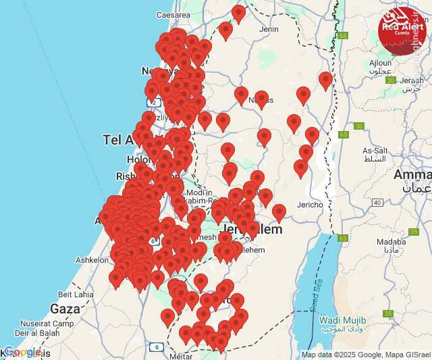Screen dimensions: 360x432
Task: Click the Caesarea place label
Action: click(x=173, y=14)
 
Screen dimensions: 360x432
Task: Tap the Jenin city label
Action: click(x=268, y=29)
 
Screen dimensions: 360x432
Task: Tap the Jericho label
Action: click(x=310, y=204)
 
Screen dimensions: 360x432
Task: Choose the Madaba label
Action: click(x=391, y=241)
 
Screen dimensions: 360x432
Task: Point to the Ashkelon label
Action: click(x=92, y=259)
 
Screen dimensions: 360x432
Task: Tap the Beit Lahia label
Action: click(x=76, y=294)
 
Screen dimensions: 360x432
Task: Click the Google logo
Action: click(x=22, y=352)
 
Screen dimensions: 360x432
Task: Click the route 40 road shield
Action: click(x=377, y=202)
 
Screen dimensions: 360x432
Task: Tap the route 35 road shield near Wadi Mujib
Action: click(x=387, y=313)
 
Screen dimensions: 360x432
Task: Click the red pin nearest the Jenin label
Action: click(x=238, y=14)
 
